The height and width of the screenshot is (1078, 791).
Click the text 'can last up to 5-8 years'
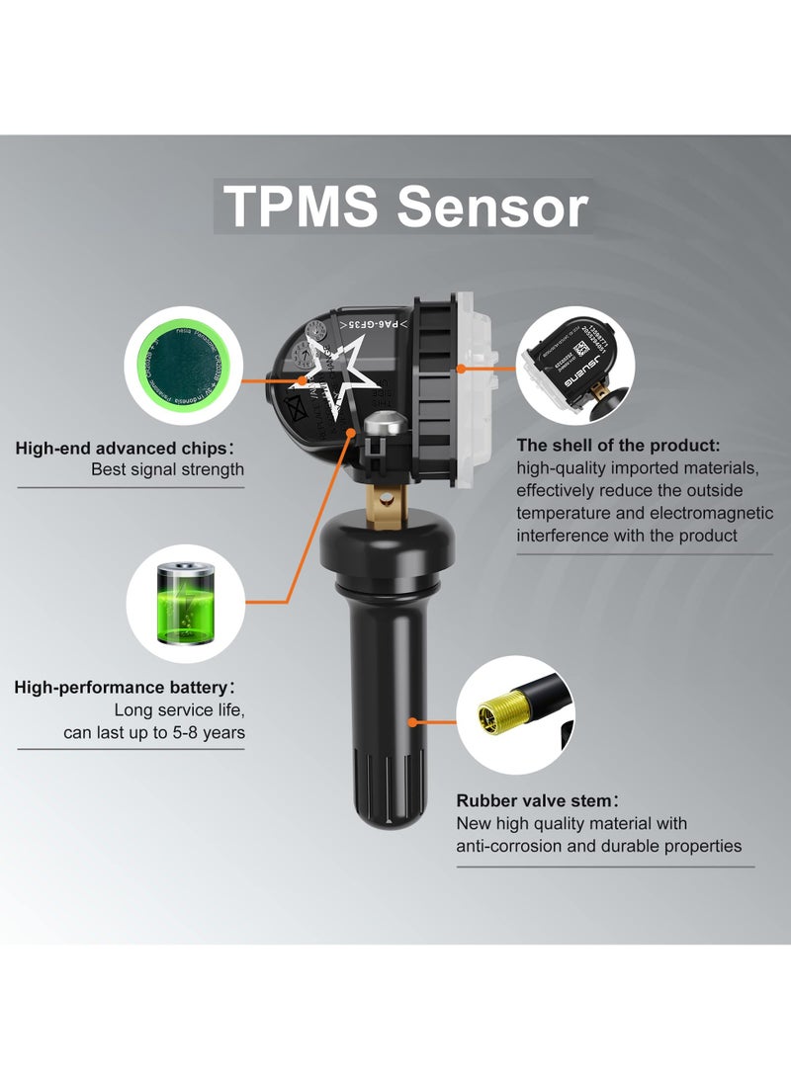153,732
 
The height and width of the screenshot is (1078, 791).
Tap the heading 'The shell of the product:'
618,445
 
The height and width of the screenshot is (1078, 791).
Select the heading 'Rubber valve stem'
537,800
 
